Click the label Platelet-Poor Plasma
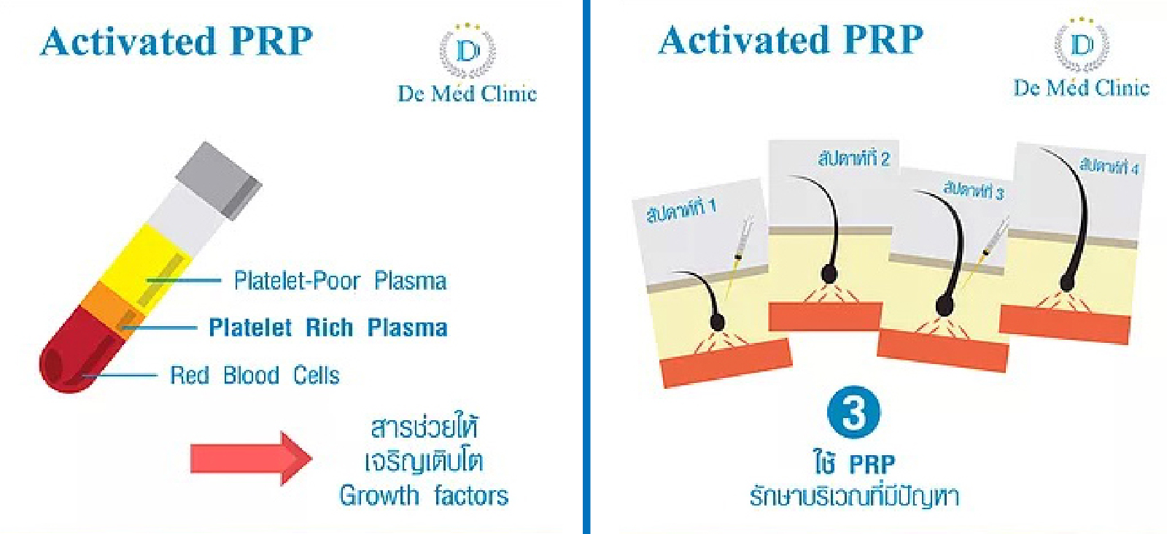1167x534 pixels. click(340, 281)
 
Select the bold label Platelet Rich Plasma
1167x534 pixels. click(328, 328)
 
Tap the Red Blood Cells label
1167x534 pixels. click(255, 376)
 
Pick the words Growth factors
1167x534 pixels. click(424, 496)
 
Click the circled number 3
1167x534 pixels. click(853, 412)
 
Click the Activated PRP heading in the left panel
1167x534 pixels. click(177, 41)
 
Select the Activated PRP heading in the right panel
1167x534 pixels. click(791, 39)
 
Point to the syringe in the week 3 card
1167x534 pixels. click(992, 244)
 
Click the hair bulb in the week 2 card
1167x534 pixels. click(829, 274)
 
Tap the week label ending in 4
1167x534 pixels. click(1109, 166)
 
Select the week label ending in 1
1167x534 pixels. click(681, 210)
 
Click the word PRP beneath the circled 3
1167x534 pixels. click(872, 465)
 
